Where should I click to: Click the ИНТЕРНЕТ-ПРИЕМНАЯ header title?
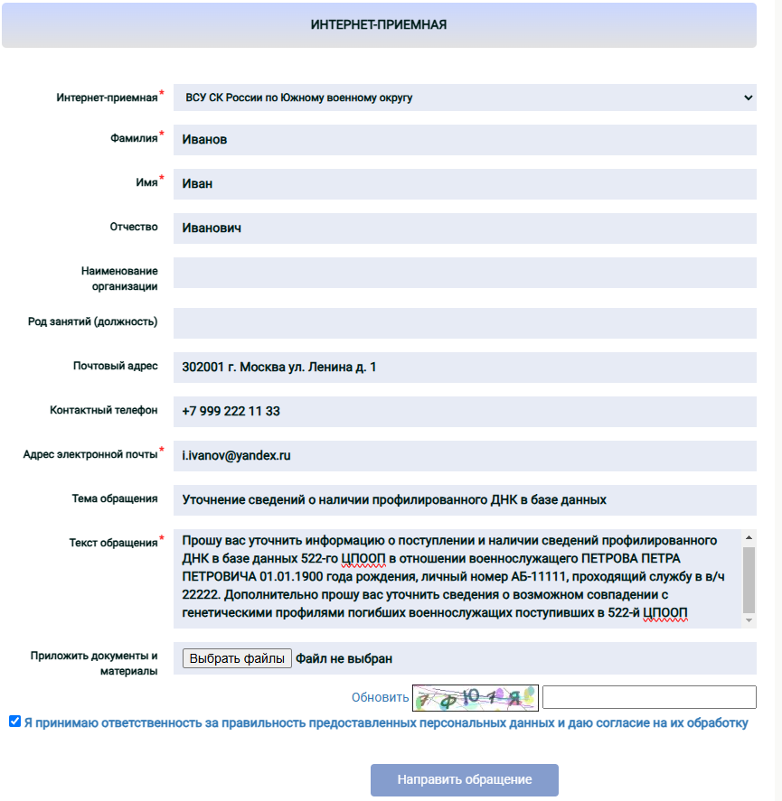pos(378,24)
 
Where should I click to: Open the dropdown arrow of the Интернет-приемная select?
pos(748,98)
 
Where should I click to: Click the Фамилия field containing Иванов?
pos(464,140)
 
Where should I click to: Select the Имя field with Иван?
pos(464,184)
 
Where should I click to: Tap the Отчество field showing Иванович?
pos(464,228)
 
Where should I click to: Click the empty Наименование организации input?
pos(464,273)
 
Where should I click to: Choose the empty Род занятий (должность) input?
pos(464,322)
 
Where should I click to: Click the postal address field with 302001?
pos(464,368)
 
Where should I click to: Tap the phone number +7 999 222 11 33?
pos(231,411)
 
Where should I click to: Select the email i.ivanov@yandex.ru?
pos(237,456)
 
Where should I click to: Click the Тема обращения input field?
pos(464,499)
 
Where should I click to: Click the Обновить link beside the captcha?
pos(380,697)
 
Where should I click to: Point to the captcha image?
pos(475,697)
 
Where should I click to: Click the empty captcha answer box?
pos(648,697)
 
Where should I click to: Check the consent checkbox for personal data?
pos(14,722)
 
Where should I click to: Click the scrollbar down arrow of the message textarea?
pos(748,621)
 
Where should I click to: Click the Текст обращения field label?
pos(113,543)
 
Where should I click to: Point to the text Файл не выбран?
pos(344,658)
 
